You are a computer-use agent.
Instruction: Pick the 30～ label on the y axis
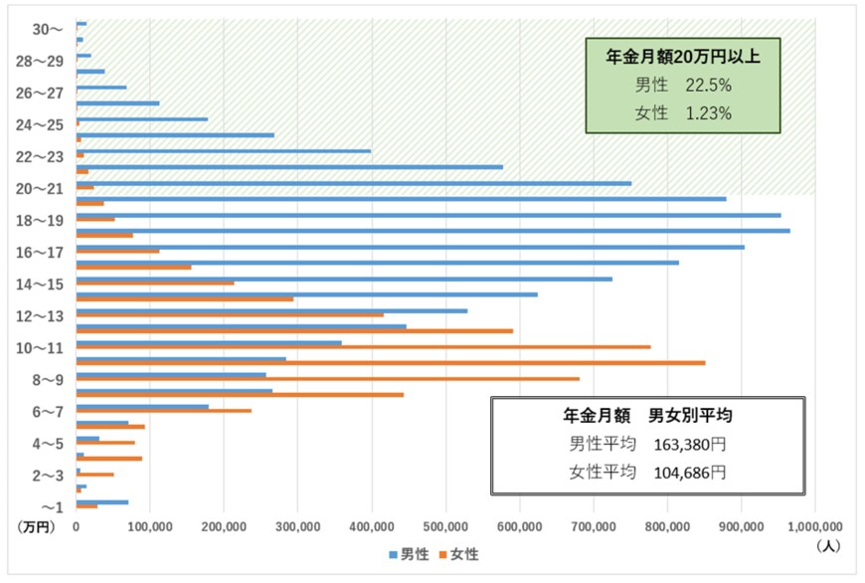point(47,30)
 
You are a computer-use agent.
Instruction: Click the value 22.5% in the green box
point(708,86)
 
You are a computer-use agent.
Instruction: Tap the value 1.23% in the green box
point(708,113)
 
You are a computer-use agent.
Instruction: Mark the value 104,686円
point(689,472)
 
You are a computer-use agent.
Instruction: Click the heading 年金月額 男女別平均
point(648,415)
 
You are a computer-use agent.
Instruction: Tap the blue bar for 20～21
point(353,183)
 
